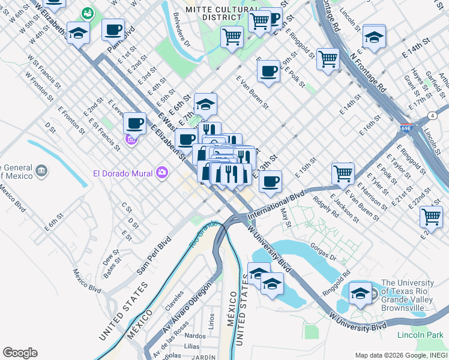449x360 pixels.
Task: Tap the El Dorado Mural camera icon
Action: click(161, 174)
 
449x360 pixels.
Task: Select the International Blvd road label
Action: click(277, 204)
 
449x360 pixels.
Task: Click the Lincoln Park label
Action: click(422, 335)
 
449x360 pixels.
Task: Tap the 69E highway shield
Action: click(406, 128)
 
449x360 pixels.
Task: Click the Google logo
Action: click(20, 353)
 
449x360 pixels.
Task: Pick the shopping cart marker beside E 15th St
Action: click(342, 173)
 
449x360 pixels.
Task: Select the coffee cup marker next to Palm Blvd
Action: click(113, 29)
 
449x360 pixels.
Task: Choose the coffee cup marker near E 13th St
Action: click(270, 181)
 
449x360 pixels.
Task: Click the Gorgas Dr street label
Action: click(324, 249)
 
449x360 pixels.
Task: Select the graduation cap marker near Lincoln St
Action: click(373, 37)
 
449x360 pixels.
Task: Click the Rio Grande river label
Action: click(203, 235)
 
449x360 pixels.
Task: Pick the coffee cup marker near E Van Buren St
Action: click(268, 71)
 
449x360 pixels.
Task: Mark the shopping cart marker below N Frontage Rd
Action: click(328, 59)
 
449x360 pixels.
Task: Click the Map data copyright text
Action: click(399, 355)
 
